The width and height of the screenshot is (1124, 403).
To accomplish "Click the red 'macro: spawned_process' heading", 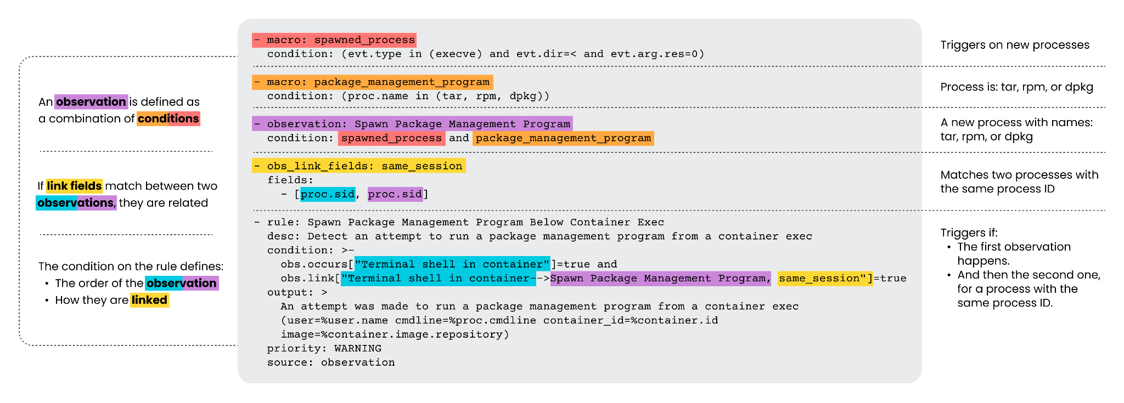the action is coord(334,40).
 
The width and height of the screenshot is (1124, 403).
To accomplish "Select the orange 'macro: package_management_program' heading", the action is coord(373,82).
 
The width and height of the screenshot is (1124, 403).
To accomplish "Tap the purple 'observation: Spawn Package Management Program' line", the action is coord(412,124).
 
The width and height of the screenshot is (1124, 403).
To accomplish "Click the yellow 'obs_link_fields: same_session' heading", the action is coord(359,166).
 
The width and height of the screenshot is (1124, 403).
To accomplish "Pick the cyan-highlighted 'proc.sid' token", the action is coord(328,194).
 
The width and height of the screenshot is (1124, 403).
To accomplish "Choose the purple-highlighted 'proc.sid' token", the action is coord(395,194).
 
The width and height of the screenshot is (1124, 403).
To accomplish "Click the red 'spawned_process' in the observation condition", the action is coord(391,138).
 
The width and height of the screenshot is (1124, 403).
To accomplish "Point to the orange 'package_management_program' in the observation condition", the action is coord(563,138).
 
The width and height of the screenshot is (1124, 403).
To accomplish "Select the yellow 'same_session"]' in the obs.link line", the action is coord(825,279).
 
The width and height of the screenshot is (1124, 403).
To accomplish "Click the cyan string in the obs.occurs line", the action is coord(452,264).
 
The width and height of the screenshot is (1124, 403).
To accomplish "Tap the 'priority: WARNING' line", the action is coord(324,348).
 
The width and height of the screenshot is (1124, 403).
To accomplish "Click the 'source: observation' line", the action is coord(331,362).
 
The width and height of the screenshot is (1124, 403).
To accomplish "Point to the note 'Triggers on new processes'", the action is coord(1015,45).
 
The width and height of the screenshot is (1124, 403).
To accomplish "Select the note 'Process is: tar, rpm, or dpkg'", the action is coord(1016,87).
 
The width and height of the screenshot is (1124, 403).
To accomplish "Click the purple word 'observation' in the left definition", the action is coord(91,102).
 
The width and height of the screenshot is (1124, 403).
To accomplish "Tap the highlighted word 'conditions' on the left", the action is coord(168,118).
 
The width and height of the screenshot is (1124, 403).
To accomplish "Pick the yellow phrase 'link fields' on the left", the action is coord(74,186).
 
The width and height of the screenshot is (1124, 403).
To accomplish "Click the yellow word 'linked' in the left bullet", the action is coord(149,300).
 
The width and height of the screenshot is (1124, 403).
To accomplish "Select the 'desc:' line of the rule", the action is coord(539,236).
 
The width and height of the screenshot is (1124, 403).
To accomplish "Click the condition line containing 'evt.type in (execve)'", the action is coord(486,54).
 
